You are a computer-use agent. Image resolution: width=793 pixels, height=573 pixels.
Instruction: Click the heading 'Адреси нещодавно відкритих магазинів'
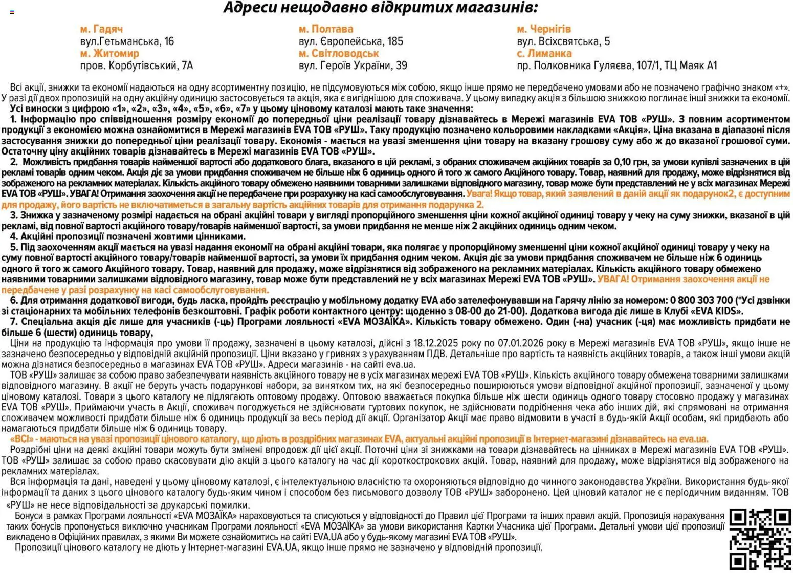tap(381, 8)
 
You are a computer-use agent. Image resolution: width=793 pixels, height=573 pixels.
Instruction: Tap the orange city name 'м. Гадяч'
tap(101, 29)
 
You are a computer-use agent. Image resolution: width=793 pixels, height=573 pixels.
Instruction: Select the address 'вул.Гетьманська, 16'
tap(127, 41)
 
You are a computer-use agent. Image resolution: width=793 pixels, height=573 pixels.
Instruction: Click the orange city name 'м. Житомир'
tap(109, 53)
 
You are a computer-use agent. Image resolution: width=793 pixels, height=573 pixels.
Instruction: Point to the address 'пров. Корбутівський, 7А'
tap(137, 65)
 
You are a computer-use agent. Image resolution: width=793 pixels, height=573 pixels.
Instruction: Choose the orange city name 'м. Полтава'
tap(326, 29)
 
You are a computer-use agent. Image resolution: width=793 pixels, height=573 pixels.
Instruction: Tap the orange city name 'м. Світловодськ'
tap(339, 53)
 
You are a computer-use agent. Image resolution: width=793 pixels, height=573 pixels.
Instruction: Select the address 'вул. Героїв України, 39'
tap(353, 65)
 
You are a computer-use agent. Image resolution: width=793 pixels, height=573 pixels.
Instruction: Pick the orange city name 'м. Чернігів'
tap(544, 29)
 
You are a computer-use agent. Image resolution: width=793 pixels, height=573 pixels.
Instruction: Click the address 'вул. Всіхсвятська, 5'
tap(563, 41)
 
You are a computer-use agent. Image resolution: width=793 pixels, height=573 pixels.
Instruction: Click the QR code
tap(760, 539)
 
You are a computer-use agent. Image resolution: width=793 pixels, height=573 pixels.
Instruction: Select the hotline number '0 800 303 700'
tap(701, 300)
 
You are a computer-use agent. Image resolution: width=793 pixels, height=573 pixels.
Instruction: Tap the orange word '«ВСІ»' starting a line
tap(22, 439)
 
